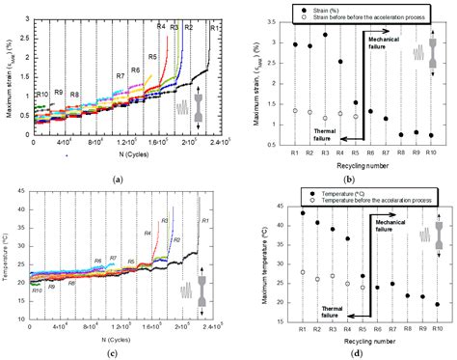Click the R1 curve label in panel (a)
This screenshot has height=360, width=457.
[x=213, y=29]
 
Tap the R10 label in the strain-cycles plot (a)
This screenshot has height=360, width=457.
[x=42, y=94]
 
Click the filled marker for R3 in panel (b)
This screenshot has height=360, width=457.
[x=326, y=35]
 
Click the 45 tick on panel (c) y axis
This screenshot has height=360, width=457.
[x=24, y=197]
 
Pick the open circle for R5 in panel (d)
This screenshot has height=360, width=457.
[x=363, y=288]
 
